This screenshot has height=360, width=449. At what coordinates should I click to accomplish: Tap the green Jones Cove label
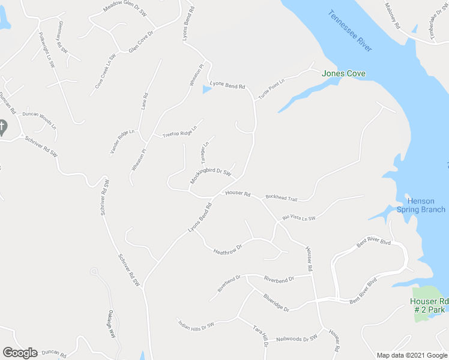point(344,74)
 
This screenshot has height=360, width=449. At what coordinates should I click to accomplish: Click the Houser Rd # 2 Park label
point(429,305)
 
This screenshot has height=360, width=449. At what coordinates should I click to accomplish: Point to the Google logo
point(20,353)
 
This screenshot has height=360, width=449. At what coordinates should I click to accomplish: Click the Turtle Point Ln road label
point(271,88)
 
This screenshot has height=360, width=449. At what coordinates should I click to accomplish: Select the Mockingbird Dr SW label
point(211,175)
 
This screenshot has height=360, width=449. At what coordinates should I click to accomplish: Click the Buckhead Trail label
point(282,198)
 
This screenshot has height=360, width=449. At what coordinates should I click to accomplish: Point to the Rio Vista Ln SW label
point(299,217)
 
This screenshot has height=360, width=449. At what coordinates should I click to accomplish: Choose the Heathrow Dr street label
point(227,248)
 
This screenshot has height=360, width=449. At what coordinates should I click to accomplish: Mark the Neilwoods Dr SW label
point(296,339)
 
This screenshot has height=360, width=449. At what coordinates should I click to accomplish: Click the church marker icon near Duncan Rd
point(2,127)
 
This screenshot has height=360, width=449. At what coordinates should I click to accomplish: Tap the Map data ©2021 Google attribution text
point(411,355)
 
